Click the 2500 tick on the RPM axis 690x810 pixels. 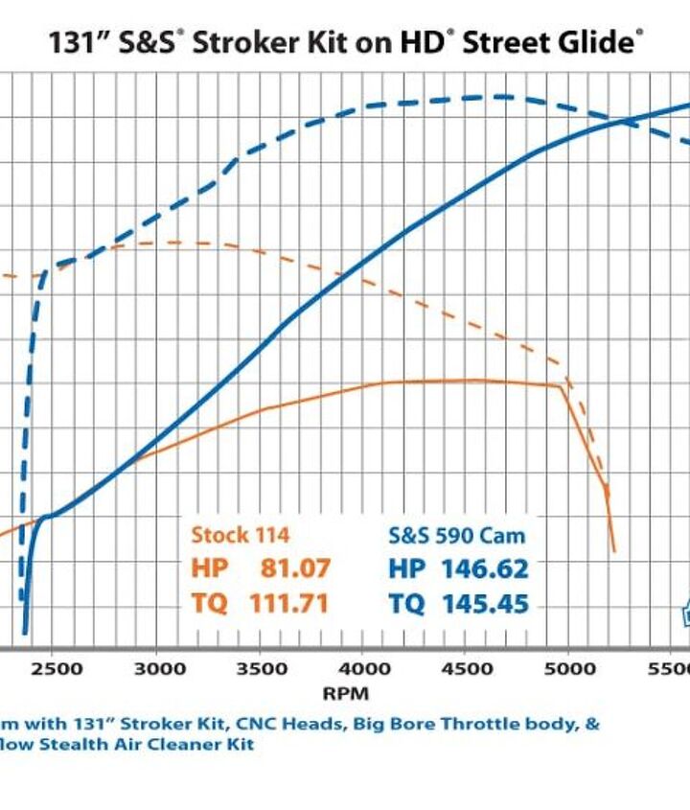60,668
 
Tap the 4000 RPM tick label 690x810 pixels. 364,668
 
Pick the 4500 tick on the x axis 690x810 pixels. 466,668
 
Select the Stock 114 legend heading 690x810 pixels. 240,535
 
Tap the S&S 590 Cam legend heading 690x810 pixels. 456,535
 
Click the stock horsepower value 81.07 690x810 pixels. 295,568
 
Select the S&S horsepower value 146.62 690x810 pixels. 484,568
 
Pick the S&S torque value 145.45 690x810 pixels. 484,604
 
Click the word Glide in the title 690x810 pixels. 599,42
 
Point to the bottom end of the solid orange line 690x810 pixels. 614,551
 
